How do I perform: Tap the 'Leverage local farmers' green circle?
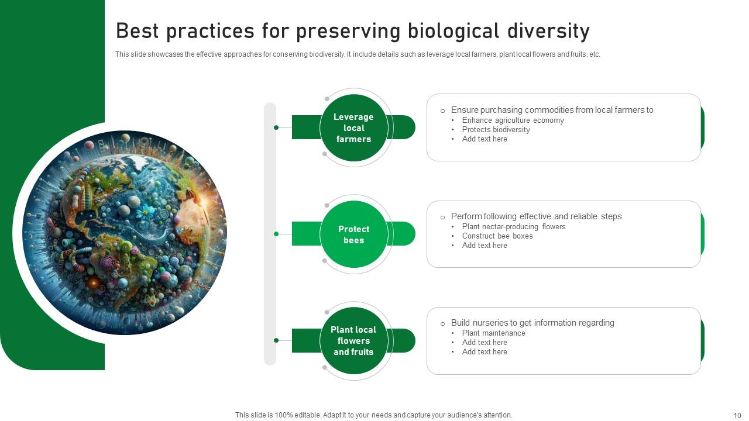353,127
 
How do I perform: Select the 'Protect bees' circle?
353,234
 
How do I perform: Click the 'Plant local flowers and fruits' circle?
353,341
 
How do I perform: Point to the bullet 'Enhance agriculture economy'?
513,120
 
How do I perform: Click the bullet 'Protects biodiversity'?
496,130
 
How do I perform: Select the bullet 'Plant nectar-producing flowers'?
513,227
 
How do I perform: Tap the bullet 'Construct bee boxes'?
497,236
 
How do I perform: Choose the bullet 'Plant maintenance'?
493,333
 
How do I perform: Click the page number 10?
737,415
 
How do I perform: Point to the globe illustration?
125,233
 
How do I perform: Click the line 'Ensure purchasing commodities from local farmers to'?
552,110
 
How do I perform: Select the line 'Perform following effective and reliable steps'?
536,216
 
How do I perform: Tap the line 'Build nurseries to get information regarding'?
532,323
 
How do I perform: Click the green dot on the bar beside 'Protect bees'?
276,234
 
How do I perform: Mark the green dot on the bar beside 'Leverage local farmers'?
276,127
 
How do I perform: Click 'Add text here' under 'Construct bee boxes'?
484,246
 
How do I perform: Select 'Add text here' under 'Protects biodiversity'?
484,139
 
